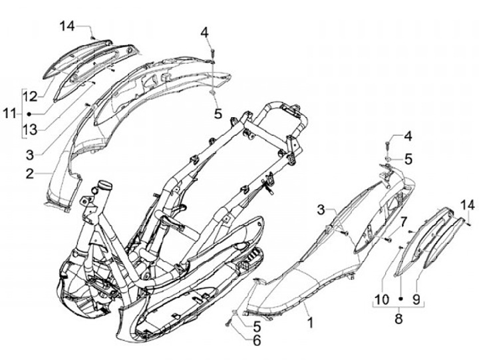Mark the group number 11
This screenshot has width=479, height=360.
coord(9,114)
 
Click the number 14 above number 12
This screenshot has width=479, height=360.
coord(68,27)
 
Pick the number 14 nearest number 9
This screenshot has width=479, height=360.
coord(468,205)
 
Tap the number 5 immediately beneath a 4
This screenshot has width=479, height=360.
coord(408,158)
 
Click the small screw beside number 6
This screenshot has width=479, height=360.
coord(230,324)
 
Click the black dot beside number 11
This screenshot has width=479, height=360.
coord(29,114)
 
